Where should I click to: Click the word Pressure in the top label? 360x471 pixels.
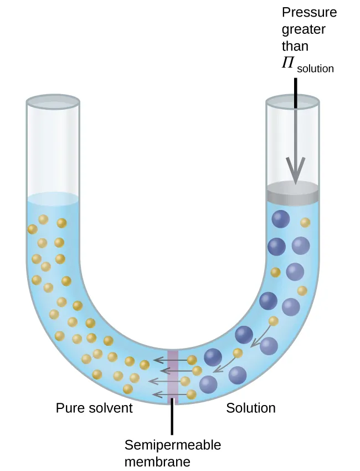point(308,12)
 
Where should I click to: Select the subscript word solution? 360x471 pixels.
point(316,69)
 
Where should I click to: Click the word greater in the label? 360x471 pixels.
point(303,28)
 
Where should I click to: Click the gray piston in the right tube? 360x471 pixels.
point(292,192)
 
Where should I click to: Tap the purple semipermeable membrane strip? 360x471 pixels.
point(173,374)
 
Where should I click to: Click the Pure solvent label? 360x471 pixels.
point(94,408)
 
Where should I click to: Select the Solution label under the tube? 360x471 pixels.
point(251,408)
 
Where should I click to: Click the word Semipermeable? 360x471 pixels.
point(173,445)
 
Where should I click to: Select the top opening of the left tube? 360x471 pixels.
point(53,101)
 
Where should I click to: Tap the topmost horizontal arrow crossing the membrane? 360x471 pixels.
point(172,359)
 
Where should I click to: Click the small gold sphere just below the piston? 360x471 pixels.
point(305,223)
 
